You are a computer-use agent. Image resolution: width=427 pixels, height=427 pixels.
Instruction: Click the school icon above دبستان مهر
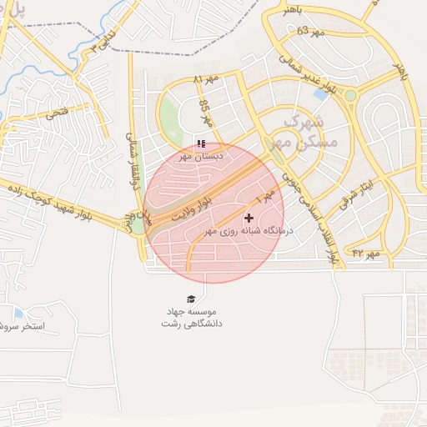[200, 143]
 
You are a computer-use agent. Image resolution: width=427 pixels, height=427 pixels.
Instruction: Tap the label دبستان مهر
[200, 156]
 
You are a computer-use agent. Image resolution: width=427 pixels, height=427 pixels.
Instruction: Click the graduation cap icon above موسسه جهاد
[191, 299]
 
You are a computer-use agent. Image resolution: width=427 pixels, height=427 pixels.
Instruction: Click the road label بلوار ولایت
[193, 208]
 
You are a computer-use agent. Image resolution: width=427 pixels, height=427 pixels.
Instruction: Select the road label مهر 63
[308, 32]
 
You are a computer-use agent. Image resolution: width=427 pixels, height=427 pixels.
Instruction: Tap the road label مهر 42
[365, 252]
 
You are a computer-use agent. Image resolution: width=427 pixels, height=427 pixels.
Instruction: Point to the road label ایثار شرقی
[351, 197]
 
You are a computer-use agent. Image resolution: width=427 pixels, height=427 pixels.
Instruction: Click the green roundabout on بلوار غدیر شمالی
[350, 95]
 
